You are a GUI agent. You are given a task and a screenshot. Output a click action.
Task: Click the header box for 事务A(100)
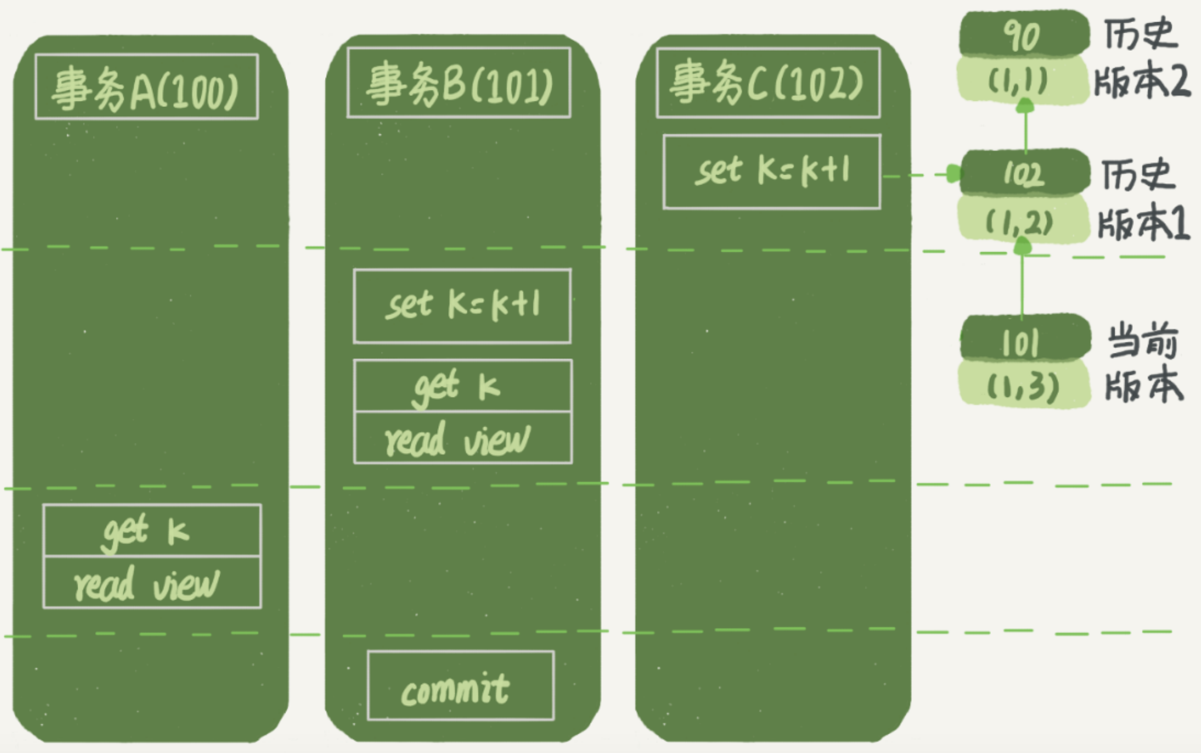[x=146, y=87]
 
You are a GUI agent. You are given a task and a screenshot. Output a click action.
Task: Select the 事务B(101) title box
[x=459, y=83]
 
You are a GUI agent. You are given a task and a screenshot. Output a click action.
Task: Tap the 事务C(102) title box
[x=768, y=83]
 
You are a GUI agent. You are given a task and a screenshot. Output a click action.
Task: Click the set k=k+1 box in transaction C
[x=771, y=172]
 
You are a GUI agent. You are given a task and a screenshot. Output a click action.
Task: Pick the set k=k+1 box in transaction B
[x=462, y=306]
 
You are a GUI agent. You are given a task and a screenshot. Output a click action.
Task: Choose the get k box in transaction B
[x=463, y=386]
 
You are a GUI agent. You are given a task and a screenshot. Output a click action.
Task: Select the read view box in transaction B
[x=463, y=438]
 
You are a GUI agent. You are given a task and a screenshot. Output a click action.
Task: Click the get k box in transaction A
[x=152, y=531]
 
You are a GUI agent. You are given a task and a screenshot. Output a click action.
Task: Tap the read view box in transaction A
[x=152, y=583]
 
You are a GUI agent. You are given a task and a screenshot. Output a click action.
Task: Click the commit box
[x=460, y=686]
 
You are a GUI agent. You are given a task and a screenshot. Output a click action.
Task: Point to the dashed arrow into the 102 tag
[x=922, y=175]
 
